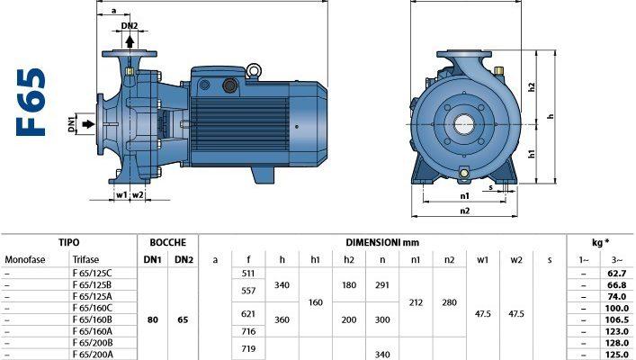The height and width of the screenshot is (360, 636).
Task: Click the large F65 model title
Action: click(x=31, y=103)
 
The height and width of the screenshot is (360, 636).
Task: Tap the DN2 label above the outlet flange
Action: click(x=130, y=26)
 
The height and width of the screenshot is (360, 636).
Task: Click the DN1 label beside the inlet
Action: click(x=72, y=124)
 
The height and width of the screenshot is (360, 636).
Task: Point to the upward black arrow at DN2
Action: click(x=130, y=41)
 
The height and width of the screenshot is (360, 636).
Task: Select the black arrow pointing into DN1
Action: click(x=88, y=124)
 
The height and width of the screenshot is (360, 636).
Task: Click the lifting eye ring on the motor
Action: click(x=254, y=70)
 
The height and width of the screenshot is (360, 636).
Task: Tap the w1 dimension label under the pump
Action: click(x=121, y=195)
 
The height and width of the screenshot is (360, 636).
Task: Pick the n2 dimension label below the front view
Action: click(x=465, y=211)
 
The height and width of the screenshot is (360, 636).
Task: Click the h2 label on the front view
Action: click(x=532, y=87)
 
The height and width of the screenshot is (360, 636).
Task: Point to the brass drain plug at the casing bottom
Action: click(x=463, y=174)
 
